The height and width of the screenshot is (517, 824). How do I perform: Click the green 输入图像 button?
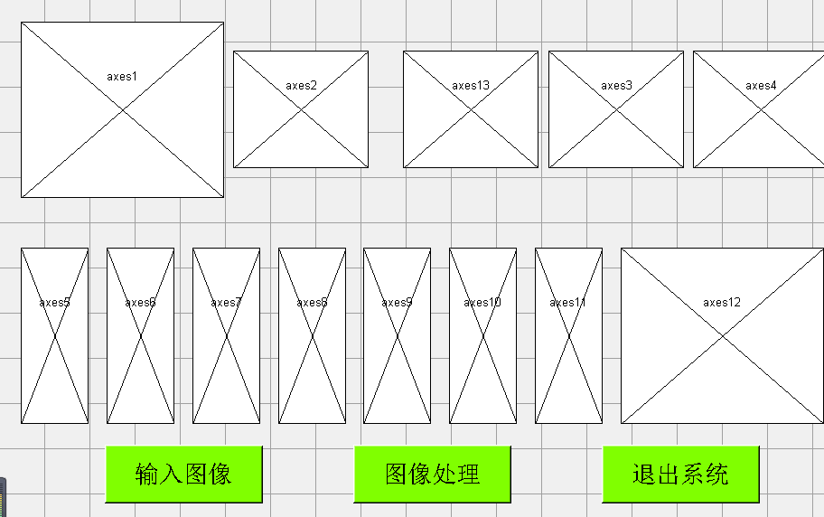183,474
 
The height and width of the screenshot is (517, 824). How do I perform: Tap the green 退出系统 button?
680,474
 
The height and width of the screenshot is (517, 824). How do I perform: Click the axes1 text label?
122,77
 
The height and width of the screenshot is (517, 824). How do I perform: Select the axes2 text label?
302,86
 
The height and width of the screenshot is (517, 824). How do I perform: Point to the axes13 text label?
471,86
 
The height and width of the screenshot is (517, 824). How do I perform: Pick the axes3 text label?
616,86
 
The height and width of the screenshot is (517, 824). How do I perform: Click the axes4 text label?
761,86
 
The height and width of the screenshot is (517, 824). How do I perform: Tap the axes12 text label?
722,303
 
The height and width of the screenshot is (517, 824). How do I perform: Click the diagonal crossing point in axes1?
122,109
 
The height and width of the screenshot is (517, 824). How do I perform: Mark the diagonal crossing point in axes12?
722,335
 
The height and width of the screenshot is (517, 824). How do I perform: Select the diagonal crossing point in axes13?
471,109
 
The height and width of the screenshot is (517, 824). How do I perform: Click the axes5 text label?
54,303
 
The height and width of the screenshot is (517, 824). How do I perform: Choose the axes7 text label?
226,303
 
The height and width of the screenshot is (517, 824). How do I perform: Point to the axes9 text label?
397,303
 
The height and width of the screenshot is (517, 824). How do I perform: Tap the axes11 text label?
568,303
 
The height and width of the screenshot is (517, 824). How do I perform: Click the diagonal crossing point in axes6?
140,335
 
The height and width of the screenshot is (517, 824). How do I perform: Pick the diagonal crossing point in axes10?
482,335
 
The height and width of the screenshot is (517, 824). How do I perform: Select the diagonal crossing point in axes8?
312,335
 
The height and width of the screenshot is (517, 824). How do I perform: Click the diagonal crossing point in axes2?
301,109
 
